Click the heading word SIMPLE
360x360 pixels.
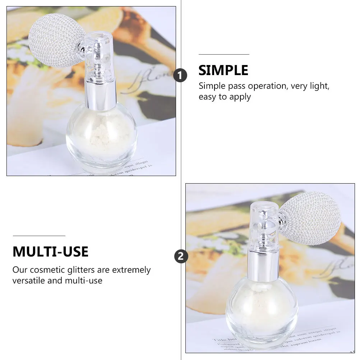point(223,70)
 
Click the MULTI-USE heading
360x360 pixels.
point(50,252)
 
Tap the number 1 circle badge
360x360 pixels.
point(180,75)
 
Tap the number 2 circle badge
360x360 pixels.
point(181,257)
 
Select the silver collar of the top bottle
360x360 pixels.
point(101,94)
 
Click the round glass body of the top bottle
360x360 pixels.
point(102,138)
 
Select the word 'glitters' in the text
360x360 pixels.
point(94,270)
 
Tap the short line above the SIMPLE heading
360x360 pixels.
point(224,54)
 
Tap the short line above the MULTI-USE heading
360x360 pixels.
point(39,236)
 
